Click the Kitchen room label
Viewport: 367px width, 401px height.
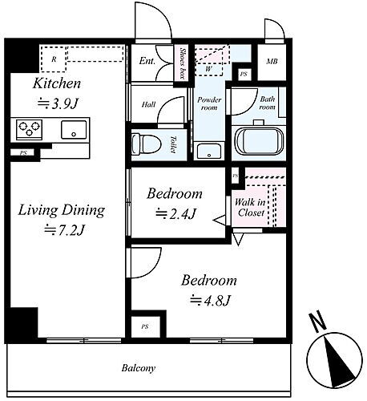coord(56,83)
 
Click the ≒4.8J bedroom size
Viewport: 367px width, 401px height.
coord(209,301)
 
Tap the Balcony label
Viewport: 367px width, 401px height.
coord(139,370)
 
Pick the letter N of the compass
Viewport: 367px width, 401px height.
coord(318,323)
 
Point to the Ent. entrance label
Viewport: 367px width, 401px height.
coord(147,61)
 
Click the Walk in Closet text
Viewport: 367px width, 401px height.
coord(251,208)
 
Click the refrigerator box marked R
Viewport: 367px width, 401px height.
coord(54,59)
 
